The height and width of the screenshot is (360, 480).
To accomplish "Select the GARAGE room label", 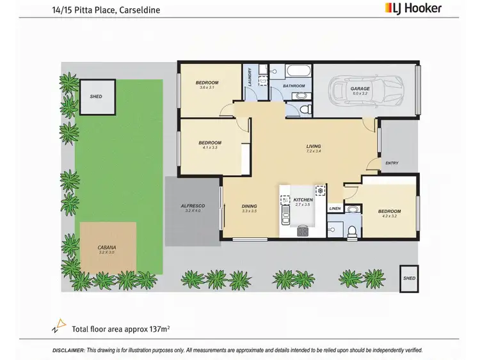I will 360,89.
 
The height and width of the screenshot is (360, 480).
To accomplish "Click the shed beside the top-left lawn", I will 96,97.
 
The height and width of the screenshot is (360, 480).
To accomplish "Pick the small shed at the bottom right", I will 409,279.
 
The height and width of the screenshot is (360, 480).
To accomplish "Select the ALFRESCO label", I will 193,205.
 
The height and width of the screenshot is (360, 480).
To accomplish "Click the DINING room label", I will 249,206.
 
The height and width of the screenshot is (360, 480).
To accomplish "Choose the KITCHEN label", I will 303,200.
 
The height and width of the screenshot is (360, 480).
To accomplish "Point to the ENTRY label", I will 392,163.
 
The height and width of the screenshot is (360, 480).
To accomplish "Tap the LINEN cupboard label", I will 334,208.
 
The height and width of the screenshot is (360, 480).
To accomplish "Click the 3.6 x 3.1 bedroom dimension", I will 207,88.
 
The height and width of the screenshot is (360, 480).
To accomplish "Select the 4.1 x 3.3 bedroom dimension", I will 210,148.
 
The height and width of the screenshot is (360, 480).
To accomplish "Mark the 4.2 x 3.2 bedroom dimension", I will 388,216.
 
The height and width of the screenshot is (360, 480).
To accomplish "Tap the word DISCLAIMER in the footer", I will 68,350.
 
